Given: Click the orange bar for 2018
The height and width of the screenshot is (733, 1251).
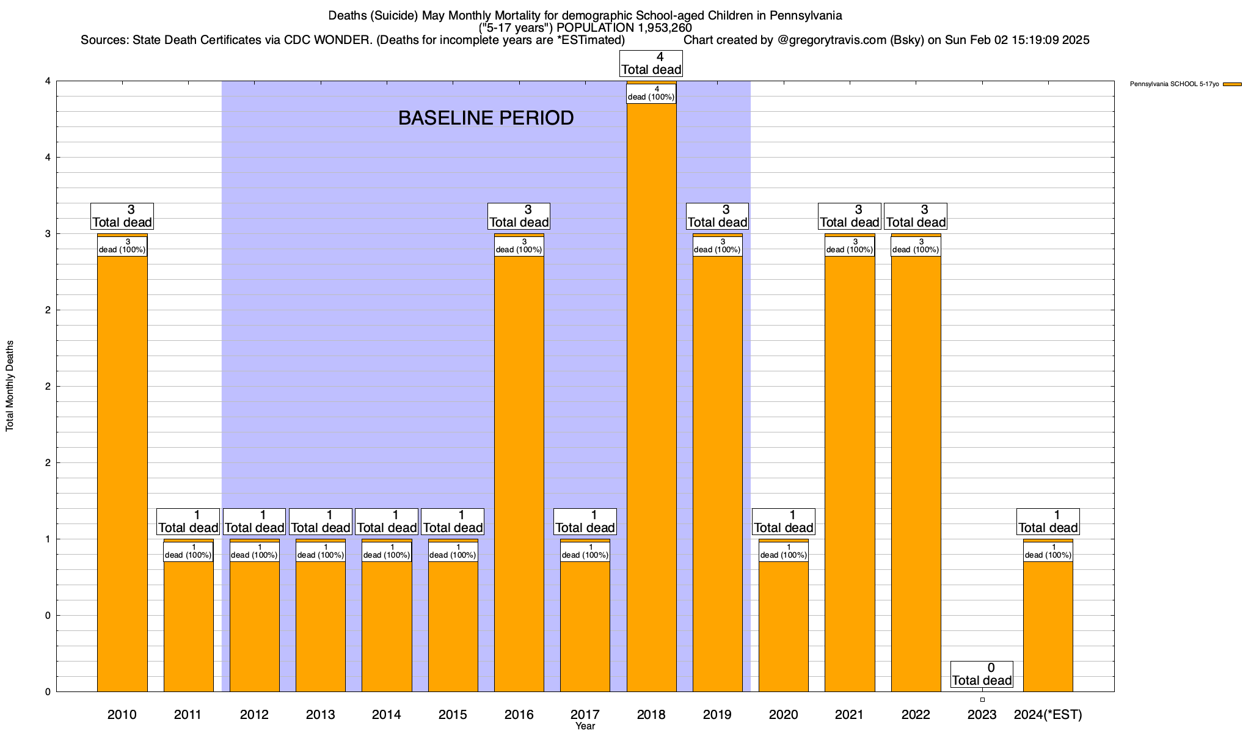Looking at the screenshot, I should [651, 397].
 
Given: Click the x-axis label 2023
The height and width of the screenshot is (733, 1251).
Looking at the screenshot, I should [982, 715].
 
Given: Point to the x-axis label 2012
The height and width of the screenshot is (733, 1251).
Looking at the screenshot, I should [254, 715].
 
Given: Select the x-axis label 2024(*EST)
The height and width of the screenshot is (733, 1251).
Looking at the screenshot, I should [1048, 715].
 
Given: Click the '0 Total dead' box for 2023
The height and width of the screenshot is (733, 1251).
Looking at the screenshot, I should [982, 674].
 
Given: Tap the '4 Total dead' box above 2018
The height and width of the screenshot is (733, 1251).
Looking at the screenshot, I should [651, 64].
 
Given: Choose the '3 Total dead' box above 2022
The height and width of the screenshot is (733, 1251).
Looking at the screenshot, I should [916, 216].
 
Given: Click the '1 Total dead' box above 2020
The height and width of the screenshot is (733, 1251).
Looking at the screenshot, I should [783, 522].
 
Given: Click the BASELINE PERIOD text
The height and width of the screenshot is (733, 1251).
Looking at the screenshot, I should [486, 118].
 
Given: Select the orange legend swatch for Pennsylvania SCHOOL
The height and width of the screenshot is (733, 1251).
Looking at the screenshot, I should [1232, 84].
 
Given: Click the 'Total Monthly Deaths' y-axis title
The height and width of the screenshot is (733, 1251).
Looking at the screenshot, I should [10, 386].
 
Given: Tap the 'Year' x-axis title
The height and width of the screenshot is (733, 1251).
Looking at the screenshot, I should [585, 726].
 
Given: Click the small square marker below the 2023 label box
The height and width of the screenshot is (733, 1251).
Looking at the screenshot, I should [982, 699].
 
